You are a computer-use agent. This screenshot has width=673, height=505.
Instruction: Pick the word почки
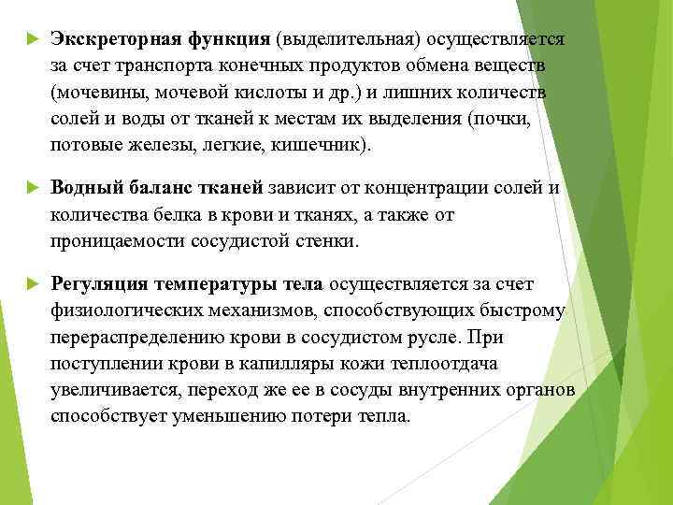coord(530,121)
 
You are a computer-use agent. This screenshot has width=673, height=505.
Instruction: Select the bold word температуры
coord(218,283)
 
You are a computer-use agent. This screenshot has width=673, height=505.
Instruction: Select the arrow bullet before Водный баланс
coord(30,189)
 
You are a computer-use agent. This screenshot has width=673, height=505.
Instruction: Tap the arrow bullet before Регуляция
coord(30,283)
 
